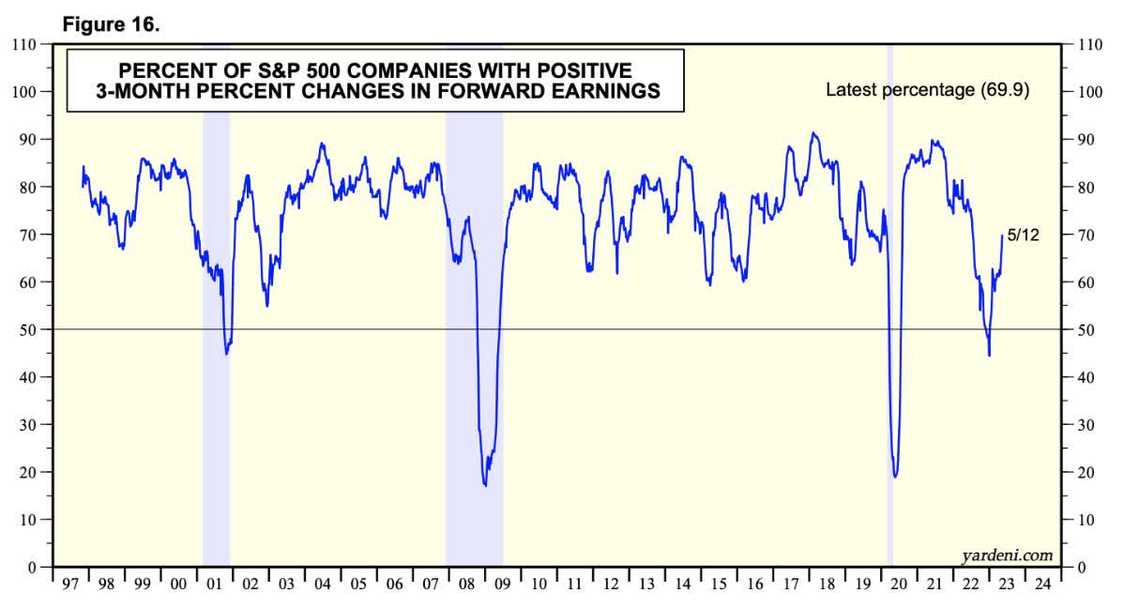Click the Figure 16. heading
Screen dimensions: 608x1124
(x=111, y=24)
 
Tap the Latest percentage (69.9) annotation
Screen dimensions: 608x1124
(x=927, y=90)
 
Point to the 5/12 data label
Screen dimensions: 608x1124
(x=1022, y=235)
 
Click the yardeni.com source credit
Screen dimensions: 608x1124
(x=1007, y=555)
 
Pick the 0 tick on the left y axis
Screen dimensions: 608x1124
(x=33, y=567)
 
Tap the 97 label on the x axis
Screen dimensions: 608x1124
(x=69, y=585)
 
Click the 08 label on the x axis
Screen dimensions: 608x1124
(x=465, y=585)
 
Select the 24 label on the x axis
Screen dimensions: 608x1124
(x=1041, y=585)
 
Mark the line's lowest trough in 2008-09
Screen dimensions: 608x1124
(x=485, y=484)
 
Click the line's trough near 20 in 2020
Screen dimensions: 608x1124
(x=896, y=476)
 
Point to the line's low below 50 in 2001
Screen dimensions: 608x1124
(x=227, y=353)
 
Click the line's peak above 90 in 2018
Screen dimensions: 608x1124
(x=813, y=133)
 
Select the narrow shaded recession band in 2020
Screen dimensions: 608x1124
(x=889, y=281)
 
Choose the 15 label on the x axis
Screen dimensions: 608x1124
(x=719, y=585)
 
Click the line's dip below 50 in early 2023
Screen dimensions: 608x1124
(x=989, y=355)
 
